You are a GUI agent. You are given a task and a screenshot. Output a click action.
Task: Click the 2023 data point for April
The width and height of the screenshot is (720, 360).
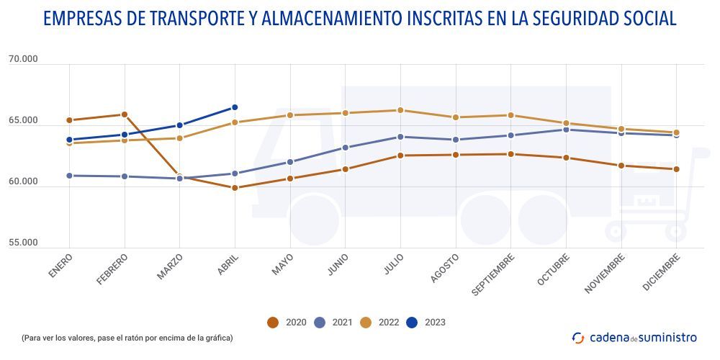point(235,107)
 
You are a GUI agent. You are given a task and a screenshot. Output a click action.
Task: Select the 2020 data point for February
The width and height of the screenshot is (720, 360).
point(125,114)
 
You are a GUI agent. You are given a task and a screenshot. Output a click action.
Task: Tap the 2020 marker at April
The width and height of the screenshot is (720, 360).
point(235,188)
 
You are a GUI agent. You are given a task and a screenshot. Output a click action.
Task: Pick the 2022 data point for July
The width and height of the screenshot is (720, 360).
point(400,110)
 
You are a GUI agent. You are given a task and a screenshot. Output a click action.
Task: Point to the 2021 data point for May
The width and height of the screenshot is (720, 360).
point(290,162)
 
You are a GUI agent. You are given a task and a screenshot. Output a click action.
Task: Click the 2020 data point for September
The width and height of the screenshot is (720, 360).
point(510,154)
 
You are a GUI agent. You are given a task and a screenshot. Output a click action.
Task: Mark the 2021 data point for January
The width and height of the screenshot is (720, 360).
point(69,175)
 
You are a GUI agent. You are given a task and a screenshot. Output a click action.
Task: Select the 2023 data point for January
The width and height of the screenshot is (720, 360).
point(69,140)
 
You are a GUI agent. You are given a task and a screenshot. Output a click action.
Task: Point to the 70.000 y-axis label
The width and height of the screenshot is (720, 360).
point(23,59)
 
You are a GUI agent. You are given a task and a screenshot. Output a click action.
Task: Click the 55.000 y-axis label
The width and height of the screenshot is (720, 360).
point(23,243)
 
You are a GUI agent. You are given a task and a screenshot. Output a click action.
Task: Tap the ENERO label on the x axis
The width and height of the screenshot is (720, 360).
point(61,266)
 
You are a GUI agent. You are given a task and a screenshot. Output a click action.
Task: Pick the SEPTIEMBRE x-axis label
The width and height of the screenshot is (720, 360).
point(493,274)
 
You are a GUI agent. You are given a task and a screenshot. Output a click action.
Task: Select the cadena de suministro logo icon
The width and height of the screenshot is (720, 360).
point(578,337)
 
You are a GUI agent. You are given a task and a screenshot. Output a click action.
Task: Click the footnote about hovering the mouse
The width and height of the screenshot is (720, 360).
point(127,337)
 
